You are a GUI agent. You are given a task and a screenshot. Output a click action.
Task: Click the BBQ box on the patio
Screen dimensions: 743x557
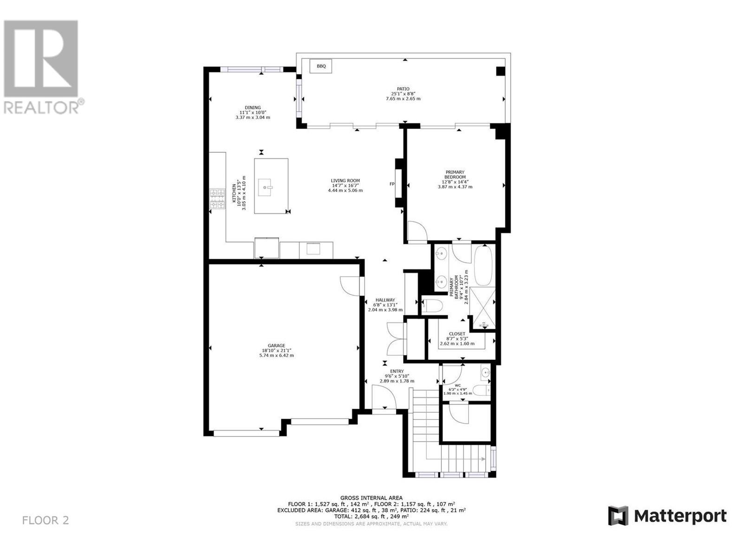320,66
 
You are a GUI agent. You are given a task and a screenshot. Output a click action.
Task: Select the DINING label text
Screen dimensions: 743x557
253,108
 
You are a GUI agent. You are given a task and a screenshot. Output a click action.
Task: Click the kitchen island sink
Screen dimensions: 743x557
265,187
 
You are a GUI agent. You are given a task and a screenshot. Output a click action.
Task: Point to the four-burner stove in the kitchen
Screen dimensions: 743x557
217,199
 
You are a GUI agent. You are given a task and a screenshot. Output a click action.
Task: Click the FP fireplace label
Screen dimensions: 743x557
392,184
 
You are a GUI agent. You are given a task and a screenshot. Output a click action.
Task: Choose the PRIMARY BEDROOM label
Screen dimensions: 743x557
455,175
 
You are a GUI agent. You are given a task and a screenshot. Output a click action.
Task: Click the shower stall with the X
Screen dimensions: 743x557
482,308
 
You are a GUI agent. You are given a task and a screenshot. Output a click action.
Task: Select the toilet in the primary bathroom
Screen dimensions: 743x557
432,306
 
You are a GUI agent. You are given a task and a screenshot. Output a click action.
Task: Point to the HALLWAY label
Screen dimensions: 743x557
385,300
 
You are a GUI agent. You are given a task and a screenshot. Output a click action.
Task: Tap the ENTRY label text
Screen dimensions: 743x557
397,371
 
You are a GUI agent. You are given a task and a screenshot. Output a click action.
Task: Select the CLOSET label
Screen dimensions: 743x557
457,334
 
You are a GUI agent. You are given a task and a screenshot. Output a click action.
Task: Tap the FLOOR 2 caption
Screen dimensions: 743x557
46,520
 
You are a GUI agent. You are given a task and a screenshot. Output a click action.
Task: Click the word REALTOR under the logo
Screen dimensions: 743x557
41,108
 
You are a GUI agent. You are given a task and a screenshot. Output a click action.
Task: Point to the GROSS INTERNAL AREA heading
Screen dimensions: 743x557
371,498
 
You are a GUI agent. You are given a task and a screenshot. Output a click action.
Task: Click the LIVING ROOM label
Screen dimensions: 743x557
345,181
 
